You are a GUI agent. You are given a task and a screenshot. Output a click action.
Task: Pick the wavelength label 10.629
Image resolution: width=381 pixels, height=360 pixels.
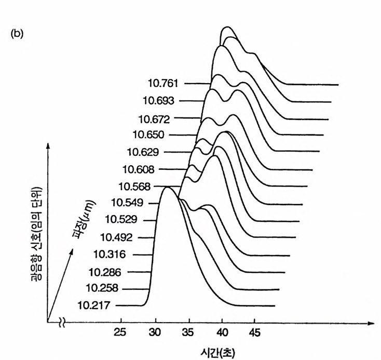(143, 152)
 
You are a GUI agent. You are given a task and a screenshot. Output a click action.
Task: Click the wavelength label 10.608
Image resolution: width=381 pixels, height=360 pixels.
(138, 169)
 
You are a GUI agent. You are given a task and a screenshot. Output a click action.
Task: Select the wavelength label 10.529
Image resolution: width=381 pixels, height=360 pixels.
(121, 220)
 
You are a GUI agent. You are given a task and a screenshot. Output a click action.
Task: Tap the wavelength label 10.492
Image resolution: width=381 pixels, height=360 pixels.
(116, 237)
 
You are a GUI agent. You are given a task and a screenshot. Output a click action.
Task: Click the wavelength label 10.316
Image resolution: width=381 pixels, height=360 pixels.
(110, 254)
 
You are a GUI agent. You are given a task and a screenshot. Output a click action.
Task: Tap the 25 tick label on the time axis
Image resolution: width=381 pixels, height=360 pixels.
(121, 334)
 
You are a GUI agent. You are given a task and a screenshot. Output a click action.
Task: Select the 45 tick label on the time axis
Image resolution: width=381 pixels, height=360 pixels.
(254, 334)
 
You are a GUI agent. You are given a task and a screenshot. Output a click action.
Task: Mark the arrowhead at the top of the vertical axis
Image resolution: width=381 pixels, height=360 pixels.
(48, 146)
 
